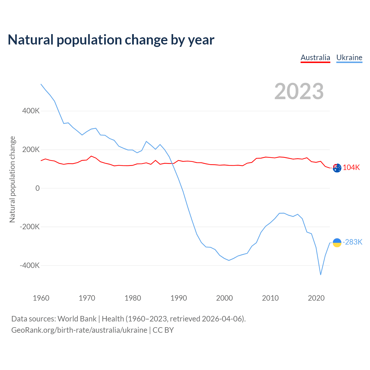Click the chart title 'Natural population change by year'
[111, 40]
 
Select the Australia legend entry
[315, 58]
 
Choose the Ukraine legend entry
[349, 58]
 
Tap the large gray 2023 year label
[299, 91]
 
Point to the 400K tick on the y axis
[31, 111]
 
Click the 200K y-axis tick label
[31, 150]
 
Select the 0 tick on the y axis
[38, 188]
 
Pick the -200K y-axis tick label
[30, 227]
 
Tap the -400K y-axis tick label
[30, 265]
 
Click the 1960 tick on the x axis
[41, 298]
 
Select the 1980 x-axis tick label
[133, 298]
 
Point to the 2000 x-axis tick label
[224, 298]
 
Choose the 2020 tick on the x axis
[316, 298]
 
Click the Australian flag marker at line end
[337, 168]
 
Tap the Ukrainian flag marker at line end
[337, 243]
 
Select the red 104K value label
[351, 168]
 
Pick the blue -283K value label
[352, 242]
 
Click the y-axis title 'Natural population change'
[12, 180]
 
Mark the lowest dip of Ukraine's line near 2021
[321, 274]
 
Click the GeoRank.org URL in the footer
[79, 330]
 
